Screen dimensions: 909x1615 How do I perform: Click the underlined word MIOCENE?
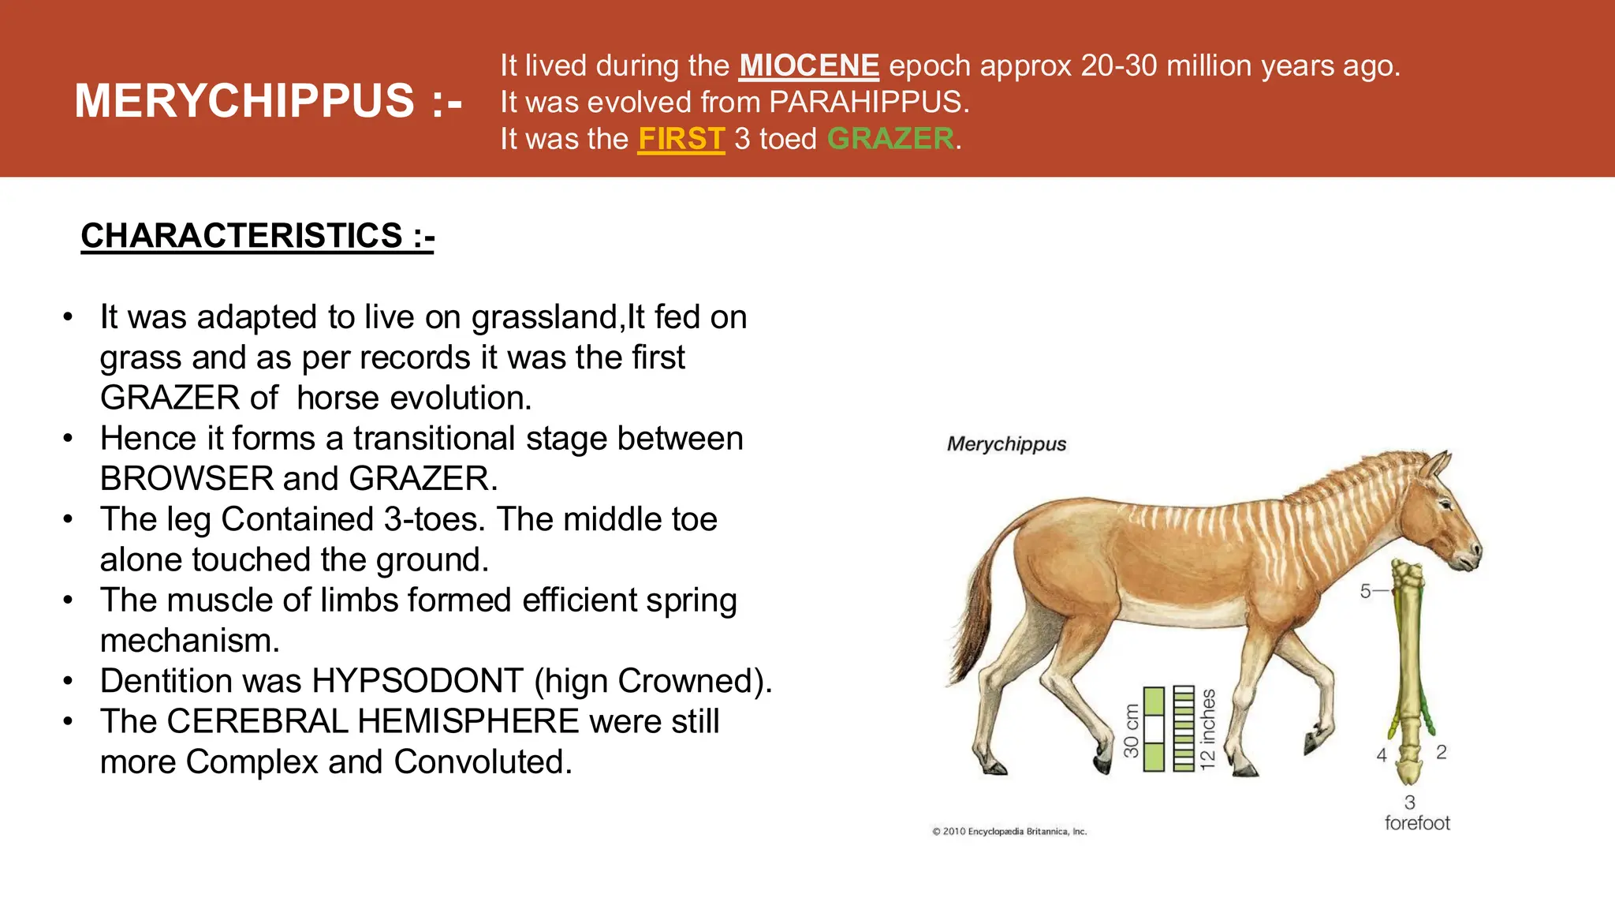point(808,65)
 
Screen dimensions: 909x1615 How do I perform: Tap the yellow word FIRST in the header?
point(681,139)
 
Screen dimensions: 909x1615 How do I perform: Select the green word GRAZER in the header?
point(890,139)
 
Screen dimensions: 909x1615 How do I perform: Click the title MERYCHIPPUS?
point(244,101)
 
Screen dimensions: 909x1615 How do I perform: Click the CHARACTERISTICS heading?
point(257,236)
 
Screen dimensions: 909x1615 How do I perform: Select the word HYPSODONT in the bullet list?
point(418,681)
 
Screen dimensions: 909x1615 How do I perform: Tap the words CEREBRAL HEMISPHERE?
point(373,721)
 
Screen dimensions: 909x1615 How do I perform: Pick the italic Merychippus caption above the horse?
point(1006,444)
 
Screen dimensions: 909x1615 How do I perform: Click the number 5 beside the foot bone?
point(1366,591)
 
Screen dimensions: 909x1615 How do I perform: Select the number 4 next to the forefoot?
point(1382,755)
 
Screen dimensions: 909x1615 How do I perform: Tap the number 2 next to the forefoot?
point(1442,752)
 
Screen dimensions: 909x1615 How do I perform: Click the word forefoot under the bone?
point(1417,823)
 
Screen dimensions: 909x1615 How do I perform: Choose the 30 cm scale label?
point(1132,731)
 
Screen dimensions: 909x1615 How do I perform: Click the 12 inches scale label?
point(1207,729)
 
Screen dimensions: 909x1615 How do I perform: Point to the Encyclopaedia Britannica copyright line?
point(1009,831)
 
